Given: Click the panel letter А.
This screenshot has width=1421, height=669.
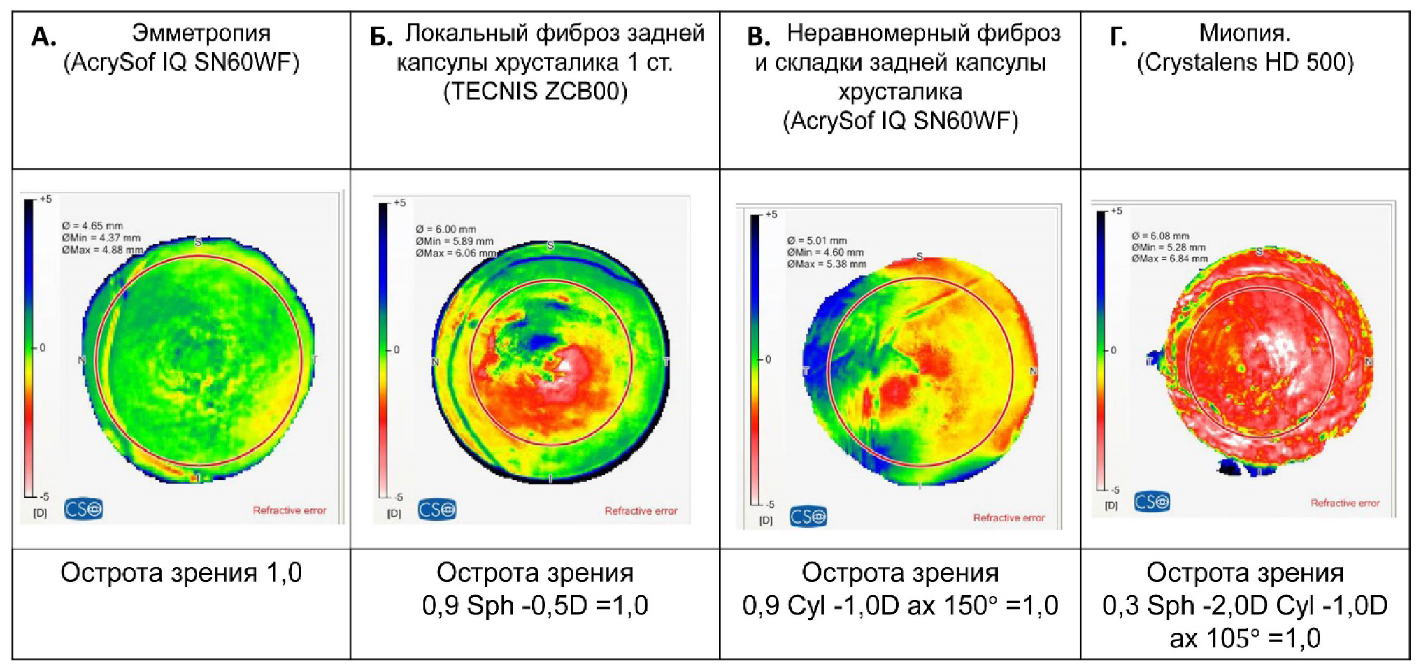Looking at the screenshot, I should coord(43,37).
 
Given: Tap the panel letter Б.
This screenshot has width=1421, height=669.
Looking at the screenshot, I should coord(380,37).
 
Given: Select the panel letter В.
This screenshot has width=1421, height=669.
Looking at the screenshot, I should coord(759,37).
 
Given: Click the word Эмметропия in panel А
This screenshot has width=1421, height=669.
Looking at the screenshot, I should coord(201,33).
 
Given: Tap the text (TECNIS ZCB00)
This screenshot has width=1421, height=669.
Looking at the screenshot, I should coord(535,92).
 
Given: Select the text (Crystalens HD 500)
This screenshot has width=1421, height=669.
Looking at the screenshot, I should coord(1245,62).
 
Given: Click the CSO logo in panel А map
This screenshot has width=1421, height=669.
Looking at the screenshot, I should coord(83,508).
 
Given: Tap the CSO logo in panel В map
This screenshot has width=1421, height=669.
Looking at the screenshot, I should coord(808,517).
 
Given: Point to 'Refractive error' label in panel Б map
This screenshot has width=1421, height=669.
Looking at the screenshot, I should coord(641,511).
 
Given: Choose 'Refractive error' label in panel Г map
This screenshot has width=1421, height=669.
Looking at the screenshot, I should coord(1345,503).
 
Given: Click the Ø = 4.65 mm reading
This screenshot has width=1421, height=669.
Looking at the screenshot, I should coord(92,226).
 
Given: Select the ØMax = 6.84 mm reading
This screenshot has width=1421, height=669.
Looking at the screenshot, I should coord(1169,259).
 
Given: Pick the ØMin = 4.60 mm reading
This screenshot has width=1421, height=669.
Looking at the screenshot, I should coord(824,252).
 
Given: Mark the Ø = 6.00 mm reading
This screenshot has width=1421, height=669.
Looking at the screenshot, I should coord(445,229).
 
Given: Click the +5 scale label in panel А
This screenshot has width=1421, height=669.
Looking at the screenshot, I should coord(45,199).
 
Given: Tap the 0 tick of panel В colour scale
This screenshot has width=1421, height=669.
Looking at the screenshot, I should coord(768,359).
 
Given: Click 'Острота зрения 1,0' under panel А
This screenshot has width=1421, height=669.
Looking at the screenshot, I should coord(181,573).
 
